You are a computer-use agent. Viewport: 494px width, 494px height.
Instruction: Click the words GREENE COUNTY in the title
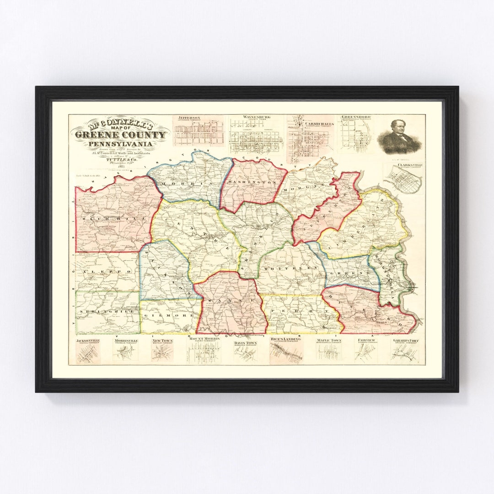click(x=120, y=134)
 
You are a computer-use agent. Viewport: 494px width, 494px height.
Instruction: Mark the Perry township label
click(x=297, y=311)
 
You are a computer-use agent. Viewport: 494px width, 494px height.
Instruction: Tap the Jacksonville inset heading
click(x=89, y=341)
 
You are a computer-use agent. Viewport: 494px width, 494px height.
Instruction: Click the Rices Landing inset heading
click(x=285, y=339)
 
